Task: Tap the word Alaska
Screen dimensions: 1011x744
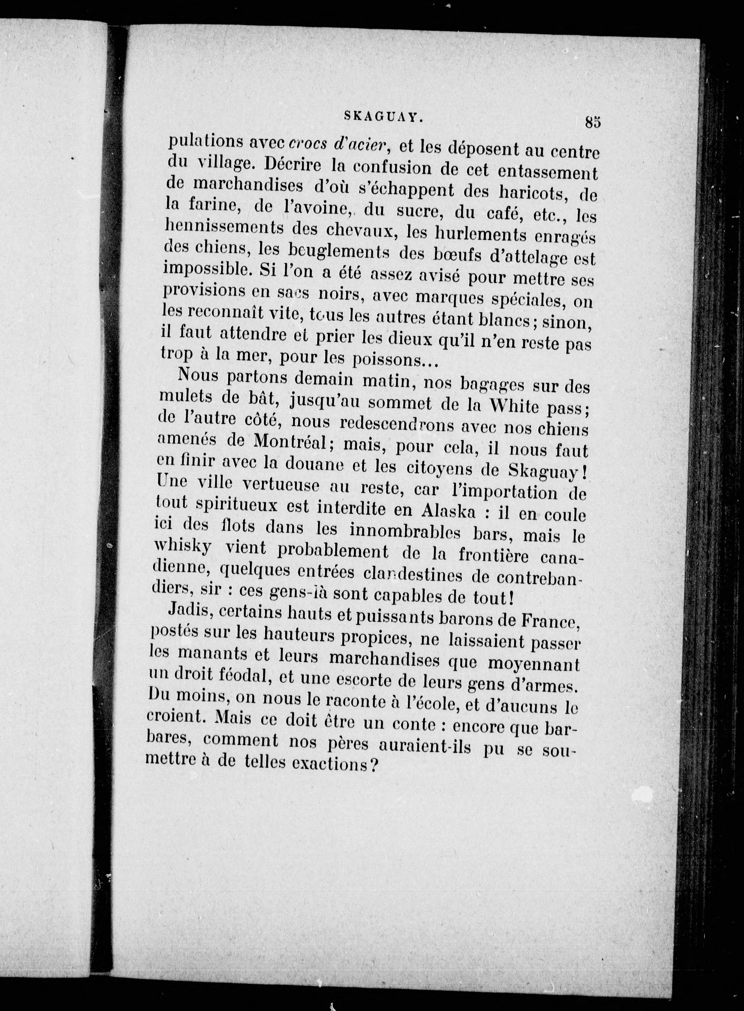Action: [449, 510]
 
